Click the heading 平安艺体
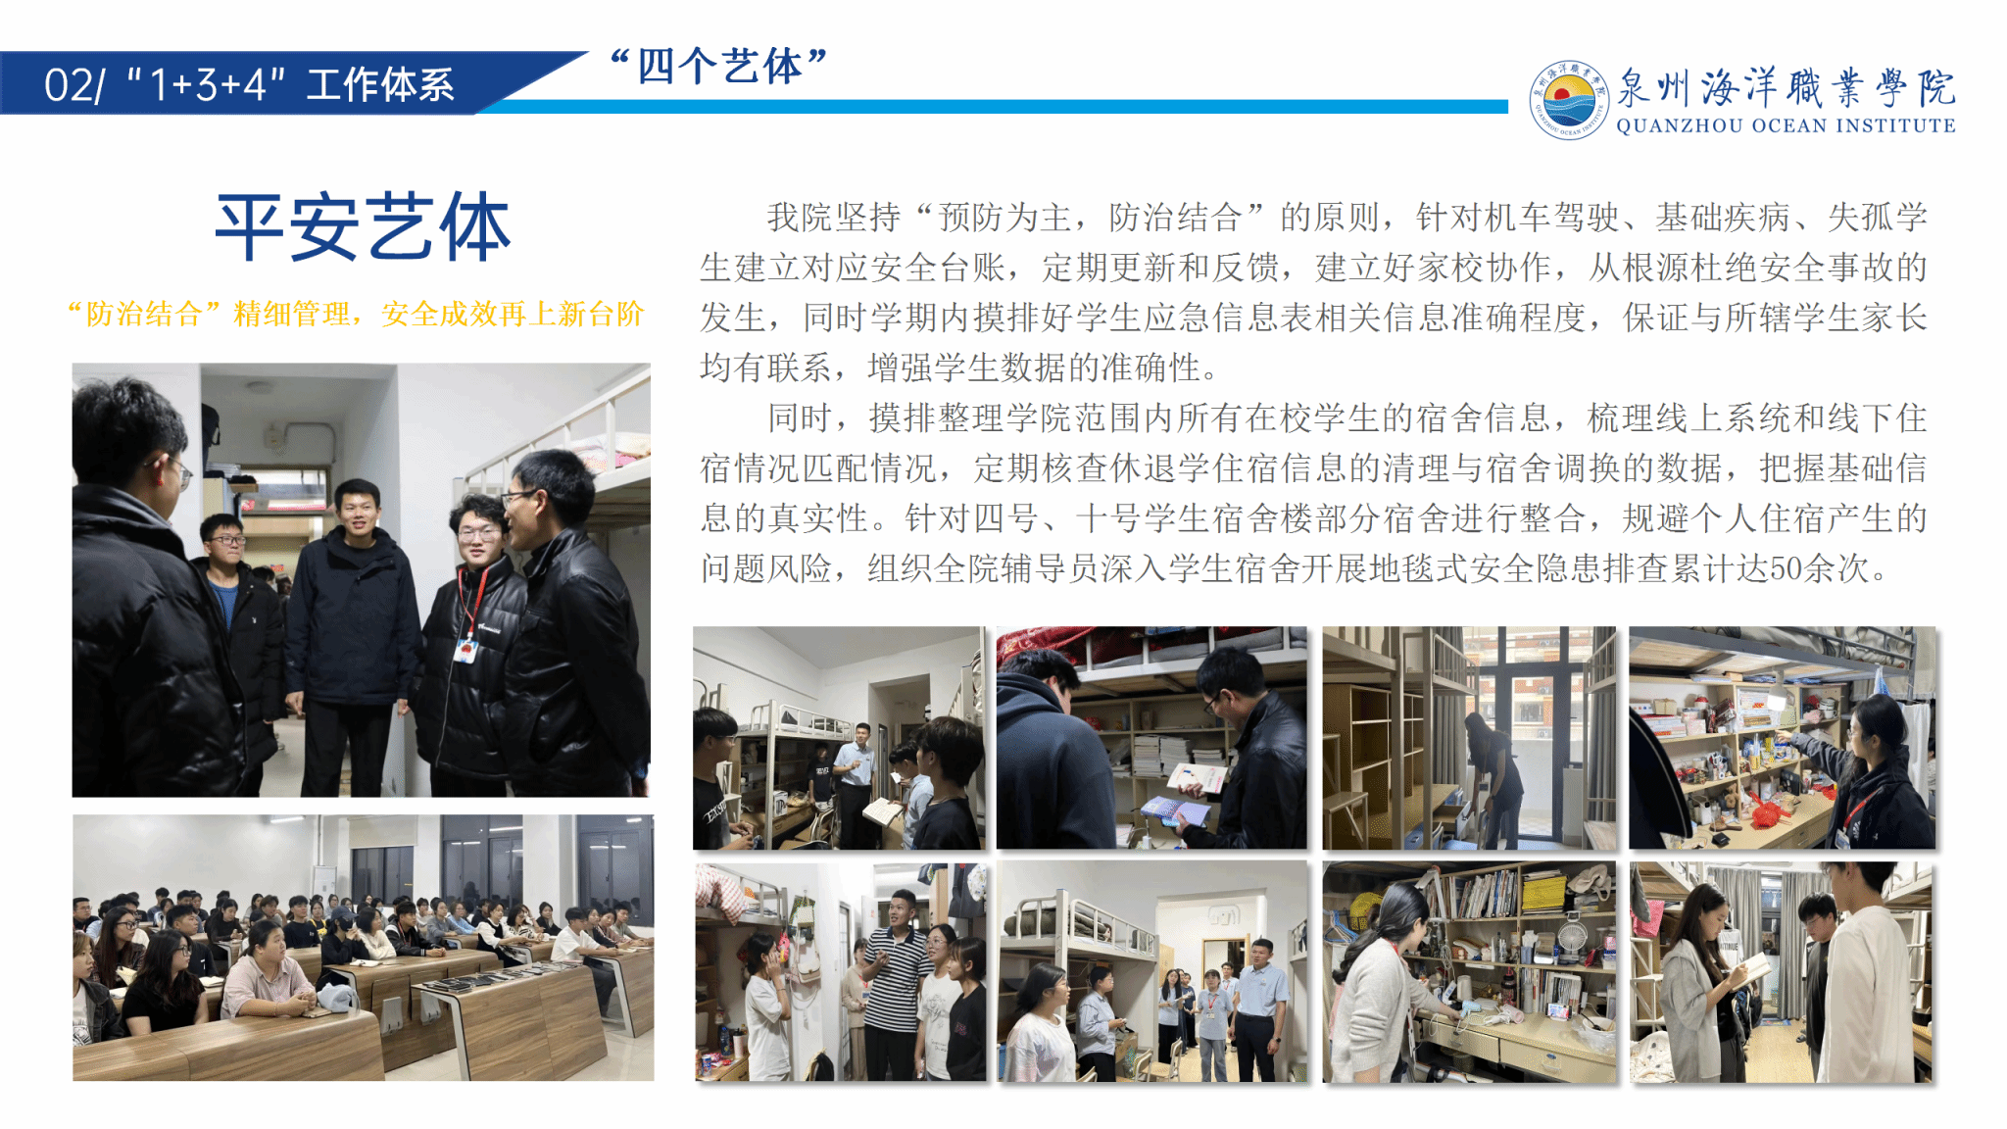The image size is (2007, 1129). point(363,227)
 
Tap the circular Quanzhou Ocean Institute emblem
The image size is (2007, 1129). point(1568,99)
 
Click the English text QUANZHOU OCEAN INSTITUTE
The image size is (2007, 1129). point(1786,125)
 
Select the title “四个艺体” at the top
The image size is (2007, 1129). point(718,67)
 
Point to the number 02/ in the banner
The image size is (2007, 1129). point(74,85)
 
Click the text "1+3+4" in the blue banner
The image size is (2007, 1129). point(207,85)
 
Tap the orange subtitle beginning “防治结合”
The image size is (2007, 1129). point(356,314)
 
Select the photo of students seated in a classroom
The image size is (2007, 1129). point(363,948)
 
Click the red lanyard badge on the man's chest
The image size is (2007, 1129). point(466,646)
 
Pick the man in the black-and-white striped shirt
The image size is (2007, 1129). point(895,985)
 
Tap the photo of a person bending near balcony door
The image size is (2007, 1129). point(1470,738)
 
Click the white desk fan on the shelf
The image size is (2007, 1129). point(1572,936)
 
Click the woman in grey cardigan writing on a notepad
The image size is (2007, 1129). point(1699,980)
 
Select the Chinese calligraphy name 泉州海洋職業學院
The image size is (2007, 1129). point(1786,88)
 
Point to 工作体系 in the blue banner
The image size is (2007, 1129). point(380,85)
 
